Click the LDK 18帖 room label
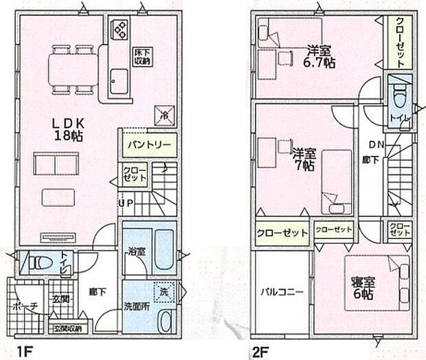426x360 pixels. pyautogui.click(x=68, y=128)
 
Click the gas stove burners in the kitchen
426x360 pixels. pyautogui.click(x=120, y=30)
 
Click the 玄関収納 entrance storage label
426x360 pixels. pyautogui.click(x=67, y=328)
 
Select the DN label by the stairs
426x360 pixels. pyautogui.click(x=376, y=145)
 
